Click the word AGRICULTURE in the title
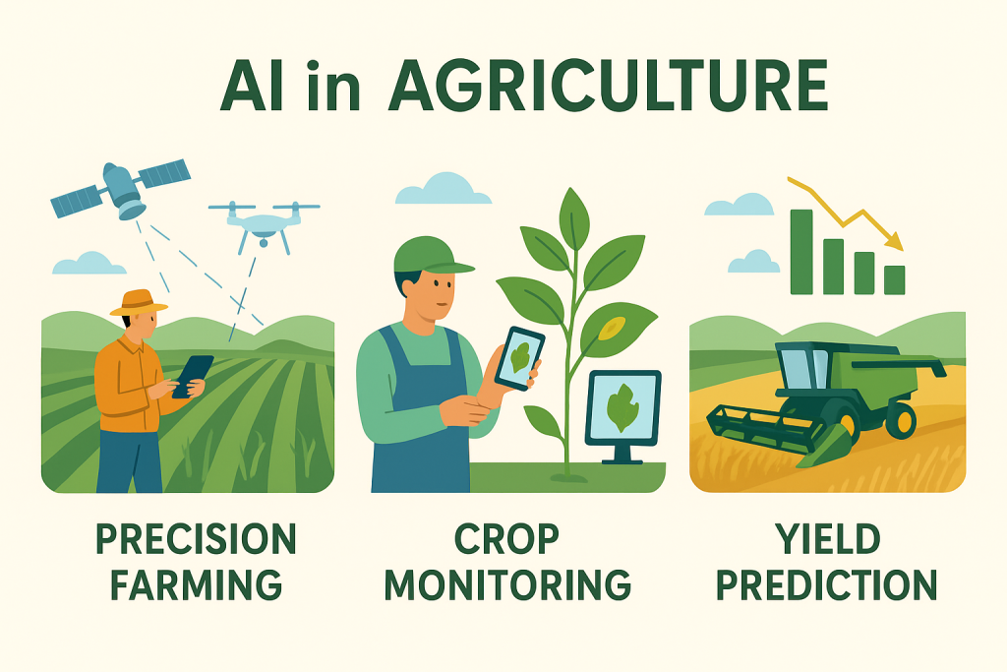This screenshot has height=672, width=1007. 608,87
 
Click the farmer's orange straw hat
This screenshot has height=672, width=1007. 138,303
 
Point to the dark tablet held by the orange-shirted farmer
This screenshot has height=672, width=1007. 192,376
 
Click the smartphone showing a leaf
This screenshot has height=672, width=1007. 519,359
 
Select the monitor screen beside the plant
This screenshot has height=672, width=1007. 622,408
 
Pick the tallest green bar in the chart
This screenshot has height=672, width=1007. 801,252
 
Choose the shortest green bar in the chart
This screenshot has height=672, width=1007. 894,280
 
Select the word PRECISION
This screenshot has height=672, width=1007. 196,539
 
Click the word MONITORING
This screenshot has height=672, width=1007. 508,584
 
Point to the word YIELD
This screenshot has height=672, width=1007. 827,539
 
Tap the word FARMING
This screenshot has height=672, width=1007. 196,584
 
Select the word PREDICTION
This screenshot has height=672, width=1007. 827,584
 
